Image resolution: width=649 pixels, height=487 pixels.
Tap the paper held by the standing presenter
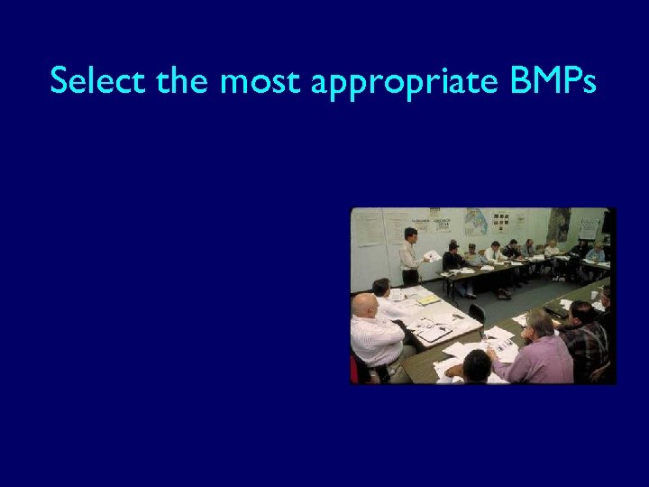coord(432,256)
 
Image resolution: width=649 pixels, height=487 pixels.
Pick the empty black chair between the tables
coord(477,313)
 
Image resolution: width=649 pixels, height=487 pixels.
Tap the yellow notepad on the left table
coord(428,300)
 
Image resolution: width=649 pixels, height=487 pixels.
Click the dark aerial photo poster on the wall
coord(559,224)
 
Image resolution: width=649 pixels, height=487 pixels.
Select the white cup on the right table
coord(595,295)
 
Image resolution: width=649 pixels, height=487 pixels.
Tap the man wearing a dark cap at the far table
coord(453,261)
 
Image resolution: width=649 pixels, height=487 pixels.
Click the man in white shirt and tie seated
coord(493,253)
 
